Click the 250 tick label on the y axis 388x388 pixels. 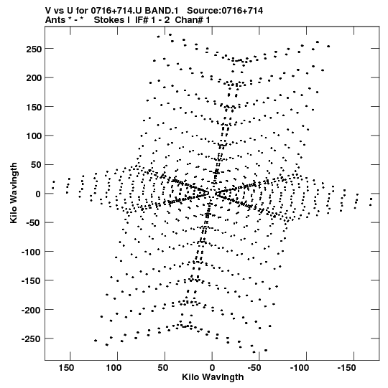pyautogui.click(x=34, y=49)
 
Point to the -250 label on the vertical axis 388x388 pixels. pyautogui.click(x=31, y=339)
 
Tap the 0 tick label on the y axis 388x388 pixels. pyautogui.click(x=38, y=194)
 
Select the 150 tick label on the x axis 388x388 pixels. pyautogui.click(x=66, y=368)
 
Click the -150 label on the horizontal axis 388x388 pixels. pyautogui.click(x=346, y=368)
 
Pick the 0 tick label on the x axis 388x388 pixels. pyautogui.click(x=212, y=368)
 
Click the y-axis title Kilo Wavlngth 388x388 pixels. pyautogui.click(x=14, y=193)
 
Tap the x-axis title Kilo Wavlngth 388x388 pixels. pyautogui.click(x=213, y=377)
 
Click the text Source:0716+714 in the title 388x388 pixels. pyautogui.click(x=225, y=11)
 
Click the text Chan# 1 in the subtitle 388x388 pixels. pyautogui.click(x=193, y=20)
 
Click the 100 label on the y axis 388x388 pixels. pyautogui.click(x=34, y=136)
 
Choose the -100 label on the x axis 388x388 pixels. pyautogui.click(x=300, y=368)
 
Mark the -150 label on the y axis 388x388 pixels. pyautogui.click(x=31, y=281)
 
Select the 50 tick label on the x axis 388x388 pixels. pyautogui.click(x=162, y=368)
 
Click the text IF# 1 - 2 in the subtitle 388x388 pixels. pyautogui.click(x=152, y=20)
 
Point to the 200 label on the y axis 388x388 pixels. pyautogui.click(x=34, y=78)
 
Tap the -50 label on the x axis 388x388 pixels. pyautogui.click(x=254, y=368)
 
